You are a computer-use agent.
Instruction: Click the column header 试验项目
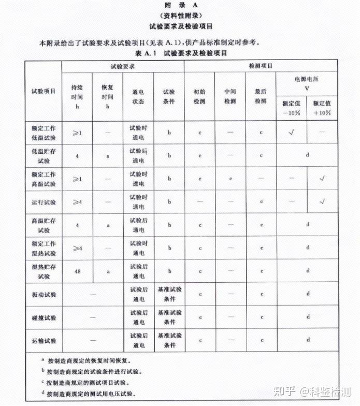(44, 92)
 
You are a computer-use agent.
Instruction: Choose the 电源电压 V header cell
(307, 83)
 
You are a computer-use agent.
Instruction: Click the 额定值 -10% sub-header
(292, 108)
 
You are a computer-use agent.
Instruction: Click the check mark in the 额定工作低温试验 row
(292, 133)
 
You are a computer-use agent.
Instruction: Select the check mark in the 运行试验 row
(322, 201)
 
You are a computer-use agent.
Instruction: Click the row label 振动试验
(44, 295)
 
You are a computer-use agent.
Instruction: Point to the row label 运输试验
(44, 341)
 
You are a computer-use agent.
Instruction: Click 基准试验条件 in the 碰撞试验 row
(169, 317)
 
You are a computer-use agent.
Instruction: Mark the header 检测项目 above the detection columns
(261, 67)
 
